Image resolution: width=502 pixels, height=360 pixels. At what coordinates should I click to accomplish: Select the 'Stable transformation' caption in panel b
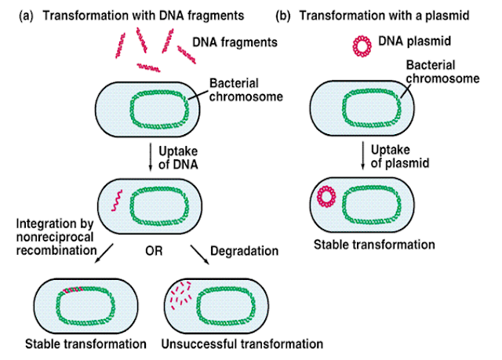(373, 245)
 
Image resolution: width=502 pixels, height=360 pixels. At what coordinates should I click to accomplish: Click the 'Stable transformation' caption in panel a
(85, 344)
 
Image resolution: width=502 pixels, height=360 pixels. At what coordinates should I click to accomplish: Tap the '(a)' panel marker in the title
(24, 13)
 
